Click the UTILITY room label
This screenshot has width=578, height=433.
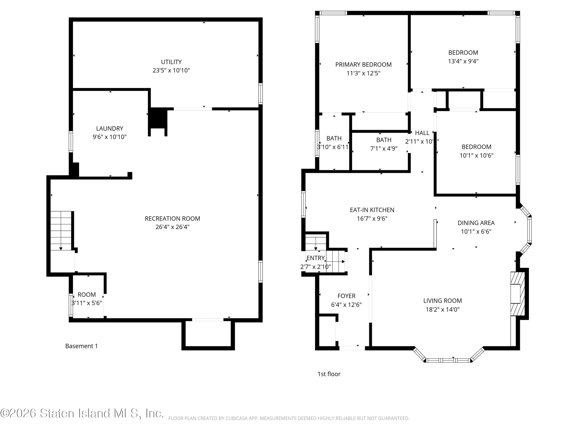(171, 62)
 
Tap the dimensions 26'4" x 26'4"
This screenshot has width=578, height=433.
(172, 227)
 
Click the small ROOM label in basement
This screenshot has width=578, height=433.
(87, 295)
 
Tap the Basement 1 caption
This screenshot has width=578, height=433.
(81, 346)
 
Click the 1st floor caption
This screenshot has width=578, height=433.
(329, 374)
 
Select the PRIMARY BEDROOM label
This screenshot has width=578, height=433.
(363, 64)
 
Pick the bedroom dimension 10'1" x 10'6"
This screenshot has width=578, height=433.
(476, 155)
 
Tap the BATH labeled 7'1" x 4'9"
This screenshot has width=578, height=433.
(384, 140)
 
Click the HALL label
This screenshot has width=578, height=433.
(422, 133)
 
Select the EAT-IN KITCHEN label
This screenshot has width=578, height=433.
(372, 210)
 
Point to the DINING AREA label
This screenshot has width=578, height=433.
(476, 223)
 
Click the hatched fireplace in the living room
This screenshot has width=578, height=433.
(517, 294)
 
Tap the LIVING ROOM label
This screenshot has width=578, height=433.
(442, 301)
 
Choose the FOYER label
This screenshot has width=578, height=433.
(346, 296)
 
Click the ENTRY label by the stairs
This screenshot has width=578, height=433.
(315, 258)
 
